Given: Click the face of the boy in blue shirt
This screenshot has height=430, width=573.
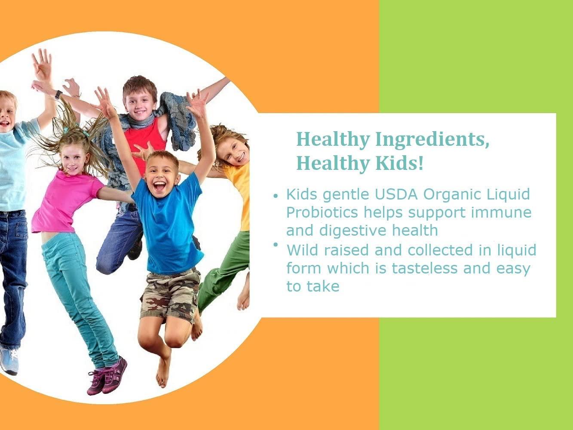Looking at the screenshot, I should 161,175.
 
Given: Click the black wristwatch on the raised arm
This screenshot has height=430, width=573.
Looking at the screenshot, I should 58,95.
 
